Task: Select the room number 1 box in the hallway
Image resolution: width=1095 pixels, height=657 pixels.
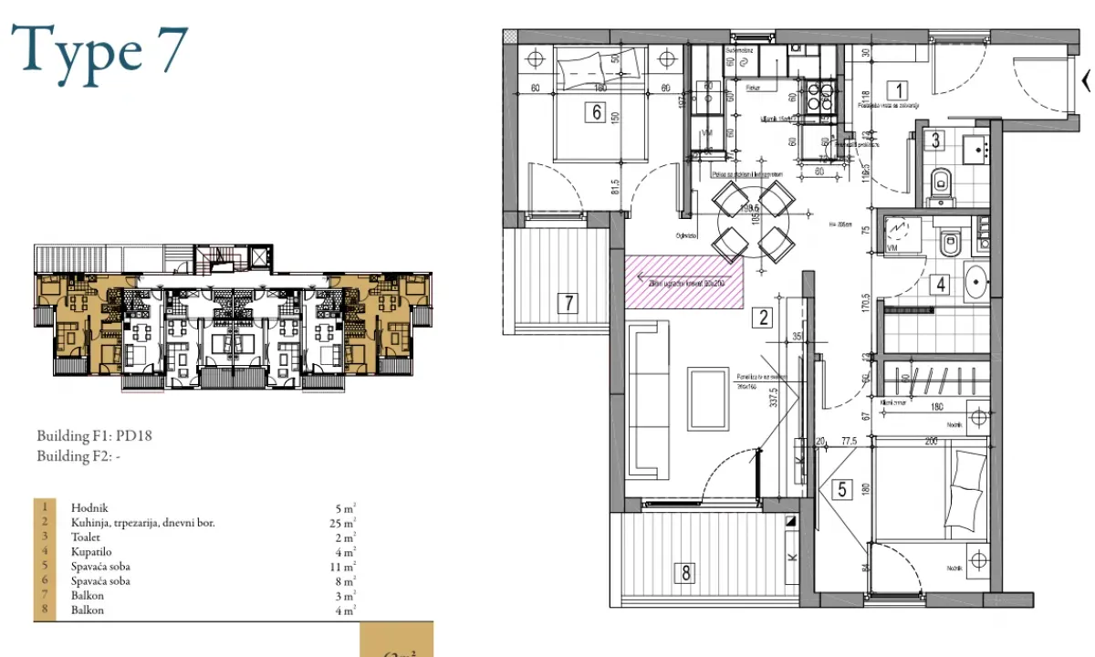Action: (899, 90)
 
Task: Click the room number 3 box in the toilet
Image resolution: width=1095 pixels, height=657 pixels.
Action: (935, 141)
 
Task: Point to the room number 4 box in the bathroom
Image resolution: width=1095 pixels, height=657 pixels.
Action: (938, 284)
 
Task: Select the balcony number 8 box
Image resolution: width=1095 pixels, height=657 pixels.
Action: (683, 573)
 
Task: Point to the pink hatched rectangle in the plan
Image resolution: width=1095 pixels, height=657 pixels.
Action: (684, 282)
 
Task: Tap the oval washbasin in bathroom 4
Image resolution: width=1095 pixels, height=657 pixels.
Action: (975, 283)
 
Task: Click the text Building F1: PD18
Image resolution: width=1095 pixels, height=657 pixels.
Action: (94, 435)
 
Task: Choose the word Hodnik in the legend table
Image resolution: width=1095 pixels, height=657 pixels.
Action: (89, 506)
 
